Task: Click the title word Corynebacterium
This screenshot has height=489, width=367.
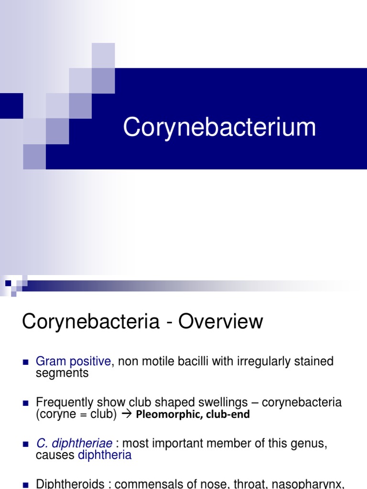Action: click(x=219, y=128)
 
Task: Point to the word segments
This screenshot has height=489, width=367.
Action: click(x=62, y=373)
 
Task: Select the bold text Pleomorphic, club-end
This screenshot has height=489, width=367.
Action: click(x=193, y=415)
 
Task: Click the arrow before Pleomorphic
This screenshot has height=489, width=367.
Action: click(x=127, y=414)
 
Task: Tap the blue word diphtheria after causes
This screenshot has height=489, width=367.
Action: click(x=105, y=455)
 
